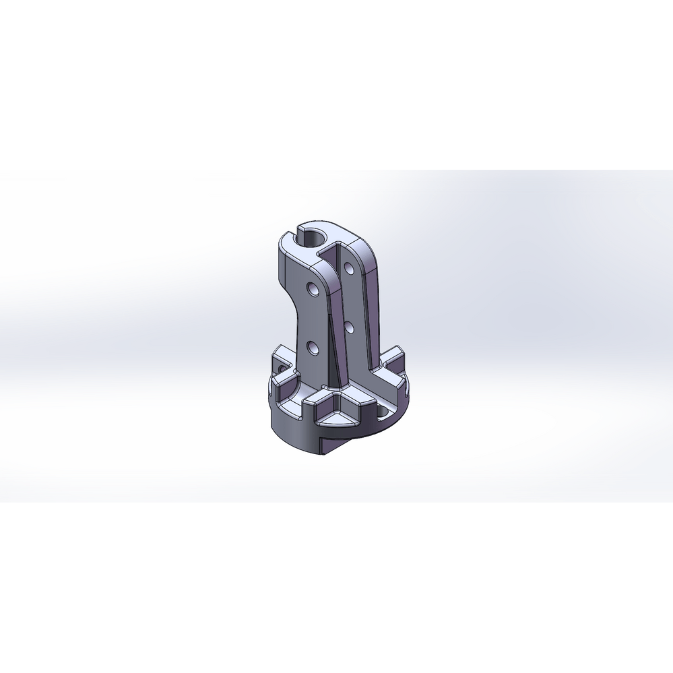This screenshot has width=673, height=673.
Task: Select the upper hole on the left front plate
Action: coord(313,290)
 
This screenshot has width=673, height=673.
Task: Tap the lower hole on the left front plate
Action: coord(313,348)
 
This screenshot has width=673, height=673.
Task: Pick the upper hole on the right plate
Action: coord(349,269)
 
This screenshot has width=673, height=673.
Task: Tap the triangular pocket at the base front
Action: coord(338,418)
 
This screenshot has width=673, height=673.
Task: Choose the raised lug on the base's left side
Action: coord(284,357)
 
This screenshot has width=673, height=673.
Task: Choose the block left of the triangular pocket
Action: coord(317,404)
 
